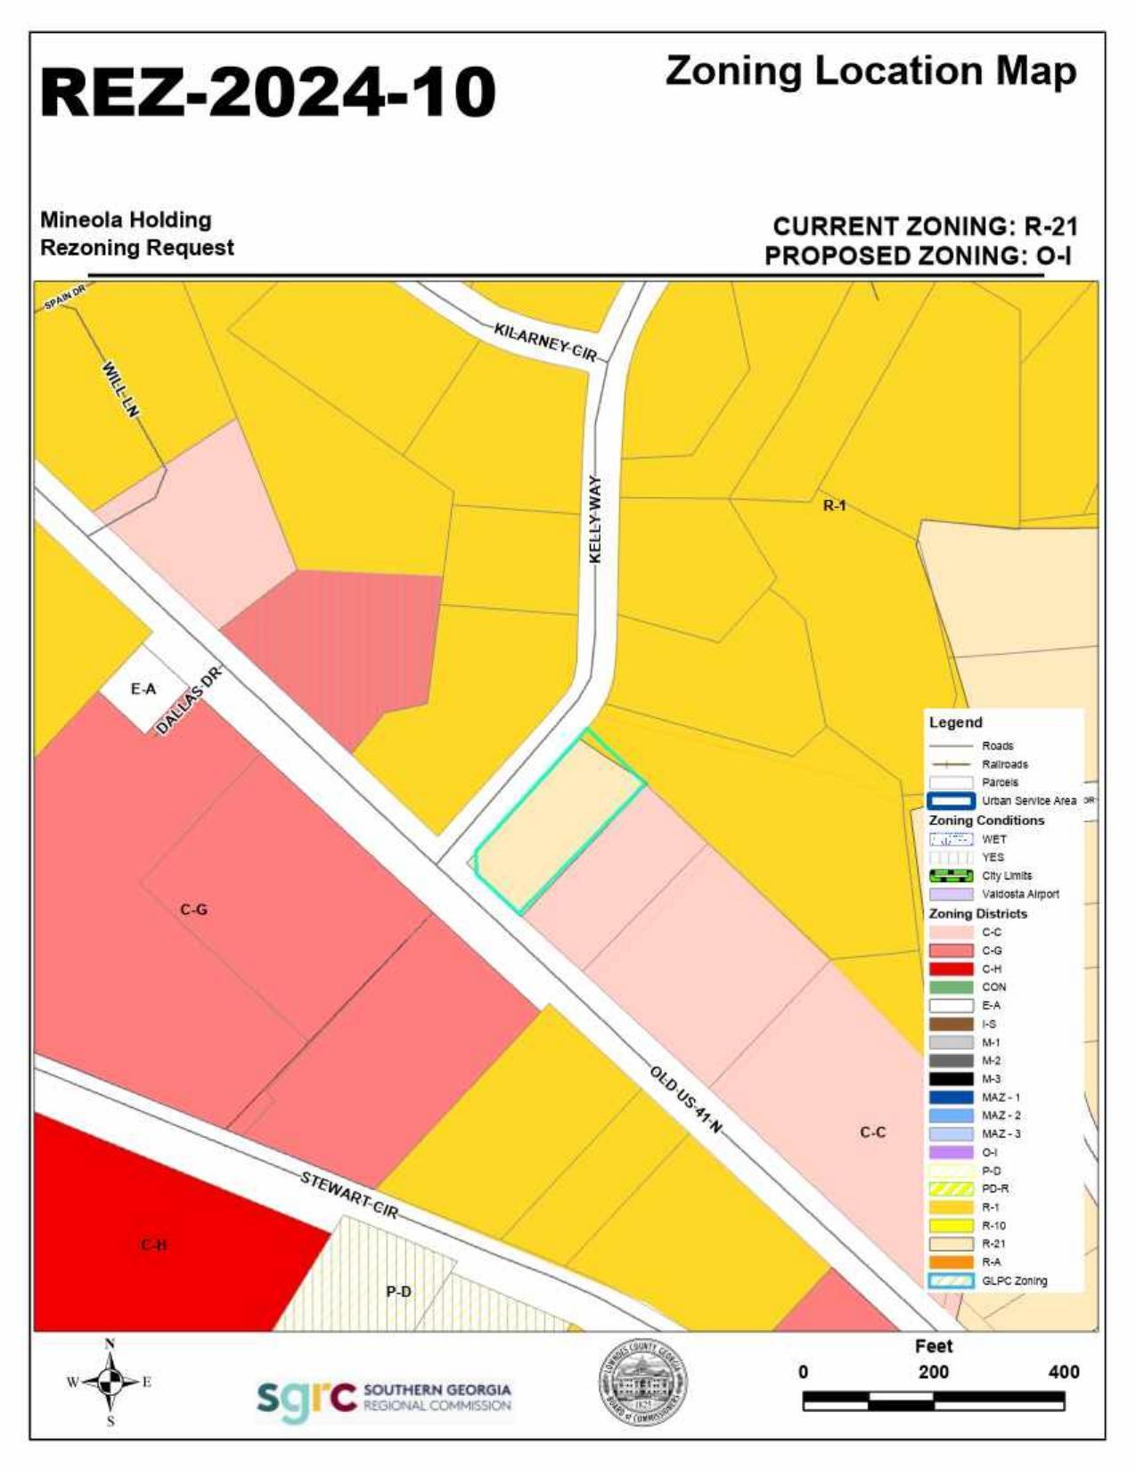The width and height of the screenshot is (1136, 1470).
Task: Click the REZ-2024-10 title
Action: point(267,92)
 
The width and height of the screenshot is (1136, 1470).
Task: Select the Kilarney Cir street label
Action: point(545,342)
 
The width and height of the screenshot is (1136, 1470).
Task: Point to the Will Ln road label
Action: point(121,389)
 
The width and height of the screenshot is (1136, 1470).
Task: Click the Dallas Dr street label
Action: point(187,702)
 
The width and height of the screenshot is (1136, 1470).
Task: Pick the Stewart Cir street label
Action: point(348,1194)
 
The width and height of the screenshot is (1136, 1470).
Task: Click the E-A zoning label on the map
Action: point(143,689)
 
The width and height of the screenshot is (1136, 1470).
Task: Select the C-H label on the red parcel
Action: point(153,1244)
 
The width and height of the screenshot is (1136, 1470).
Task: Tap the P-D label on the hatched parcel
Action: point(398,1291)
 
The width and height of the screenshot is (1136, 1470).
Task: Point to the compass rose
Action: point(110,1383)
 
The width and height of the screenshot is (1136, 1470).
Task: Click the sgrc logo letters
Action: point(306,1398)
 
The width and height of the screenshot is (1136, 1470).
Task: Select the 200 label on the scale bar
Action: point(933,1372)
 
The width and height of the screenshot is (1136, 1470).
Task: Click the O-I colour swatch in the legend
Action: point(951,1152)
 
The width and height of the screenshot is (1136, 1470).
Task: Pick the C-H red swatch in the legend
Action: point(951,969)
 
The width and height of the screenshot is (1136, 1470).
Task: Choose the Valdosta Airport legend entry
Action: point(1020,894)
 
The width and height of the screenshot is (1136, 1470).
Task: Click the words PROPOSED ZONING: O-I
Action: point(918,256)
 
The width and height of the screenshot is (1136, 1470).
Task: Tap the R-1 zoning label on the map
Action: point(834,506)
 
